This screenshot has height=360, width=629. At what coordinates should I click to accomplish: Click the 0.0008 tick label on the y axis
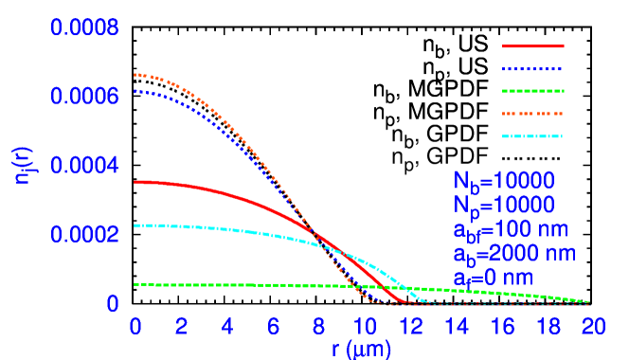[x=84, y=27]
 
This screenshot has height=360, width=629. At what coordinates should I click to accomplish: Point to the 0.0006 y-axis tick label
[x=84, y=97]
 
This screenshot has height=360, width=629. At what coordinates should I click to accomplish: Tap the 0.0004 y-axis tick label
[x=84, y=166]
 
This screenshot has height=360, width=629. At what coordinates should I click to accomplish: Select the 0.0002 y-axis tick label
[x=84, y=234]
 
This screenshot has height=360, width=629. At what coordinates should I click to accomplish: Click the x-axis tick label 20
[x=593, y=327]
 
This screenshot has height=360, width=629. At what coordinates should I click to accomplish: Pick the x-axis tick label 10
[x=364, y=327]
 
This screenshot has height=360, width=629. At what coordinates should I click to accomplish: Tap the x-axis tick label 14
[x=456, y=327]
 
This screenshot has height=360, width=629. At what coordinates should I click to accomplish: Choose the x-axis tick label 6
[x=273, y=327]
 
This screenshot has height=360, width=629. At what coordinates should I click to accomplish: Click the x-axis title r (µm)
[x=361, y=348]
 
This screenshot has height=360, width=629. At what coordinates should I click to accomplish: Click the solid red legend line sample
[x=532, y=45]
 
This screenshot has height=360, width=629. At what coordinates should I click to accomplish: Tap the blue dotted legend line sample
[x=532, y=69]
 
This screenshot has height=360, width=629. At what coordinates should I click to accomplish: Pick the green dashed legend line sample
[x=532, y=91]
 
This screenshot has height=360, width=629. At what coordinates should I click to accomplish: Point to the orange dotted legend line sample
[x=532, y=114]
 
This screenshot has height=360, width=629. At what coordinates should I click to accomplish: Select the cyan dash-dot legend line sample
[x=532, y=136]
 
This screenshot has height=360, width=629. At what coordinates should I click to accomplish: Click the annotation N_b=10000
[x=503, y=181]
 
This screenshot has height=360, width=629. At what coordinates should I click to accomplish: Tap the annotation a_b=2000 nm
[x=514, y=254]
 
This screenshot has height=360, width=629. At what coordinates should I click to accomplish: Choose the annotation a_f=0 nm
[x=492, y=279]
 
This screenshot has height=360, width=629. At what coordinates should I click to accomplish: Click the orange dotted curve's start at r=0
[x=136, y=74]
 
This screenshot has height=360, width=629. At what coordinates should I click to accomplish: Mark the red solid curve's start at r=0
[x=136, y=181]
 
